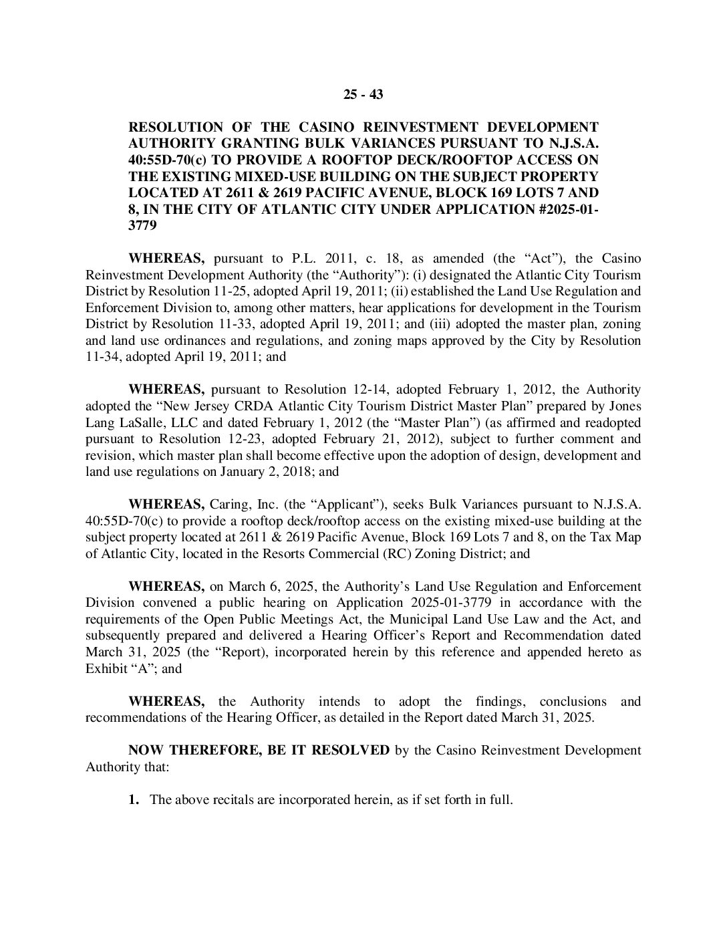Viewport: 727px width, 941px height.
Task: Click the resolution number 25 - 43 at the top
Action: [363, 94]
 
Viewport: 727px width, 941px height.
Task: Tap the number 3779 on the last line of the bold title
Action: [142, 226]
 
